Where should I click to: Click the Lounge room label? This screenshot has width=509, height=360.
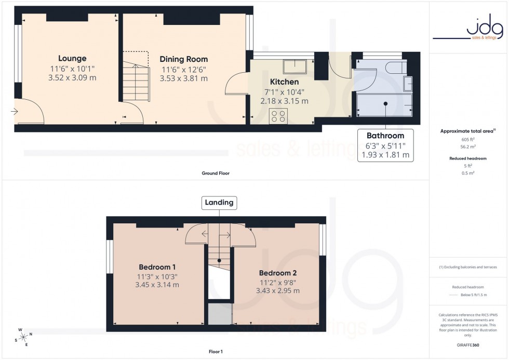[x=72, y=58]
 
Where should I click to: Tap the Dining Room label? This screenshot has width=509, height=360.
[x=183, y=59]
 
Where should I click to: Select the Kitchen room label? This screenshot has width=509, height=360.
[x=284, y=82]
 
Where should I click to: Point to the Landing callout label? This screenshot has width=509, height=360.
[x=219, y=202]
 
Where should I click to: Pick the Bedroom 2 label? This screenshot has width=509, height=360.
[x=278, y=272]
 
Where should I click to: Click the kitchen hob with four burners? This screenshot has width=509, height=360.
[x=278, y=116]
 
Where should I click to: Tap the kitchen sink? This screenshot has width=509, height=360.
[x=294, y=66]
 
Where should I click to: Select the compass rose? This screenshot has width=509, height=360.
[x=24, y=337]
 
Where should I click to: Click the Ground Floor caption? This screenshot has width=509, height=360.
[x=215, y=173]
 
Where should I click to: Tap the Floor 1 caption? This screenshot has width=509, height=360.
[x=215, y=352]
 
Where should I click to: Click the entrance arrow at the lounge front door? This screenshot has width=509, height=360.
[x=14, y=111]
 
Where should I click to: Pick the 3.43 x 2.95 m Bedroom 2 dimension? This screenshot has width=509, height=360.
[x=278, y=290]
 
